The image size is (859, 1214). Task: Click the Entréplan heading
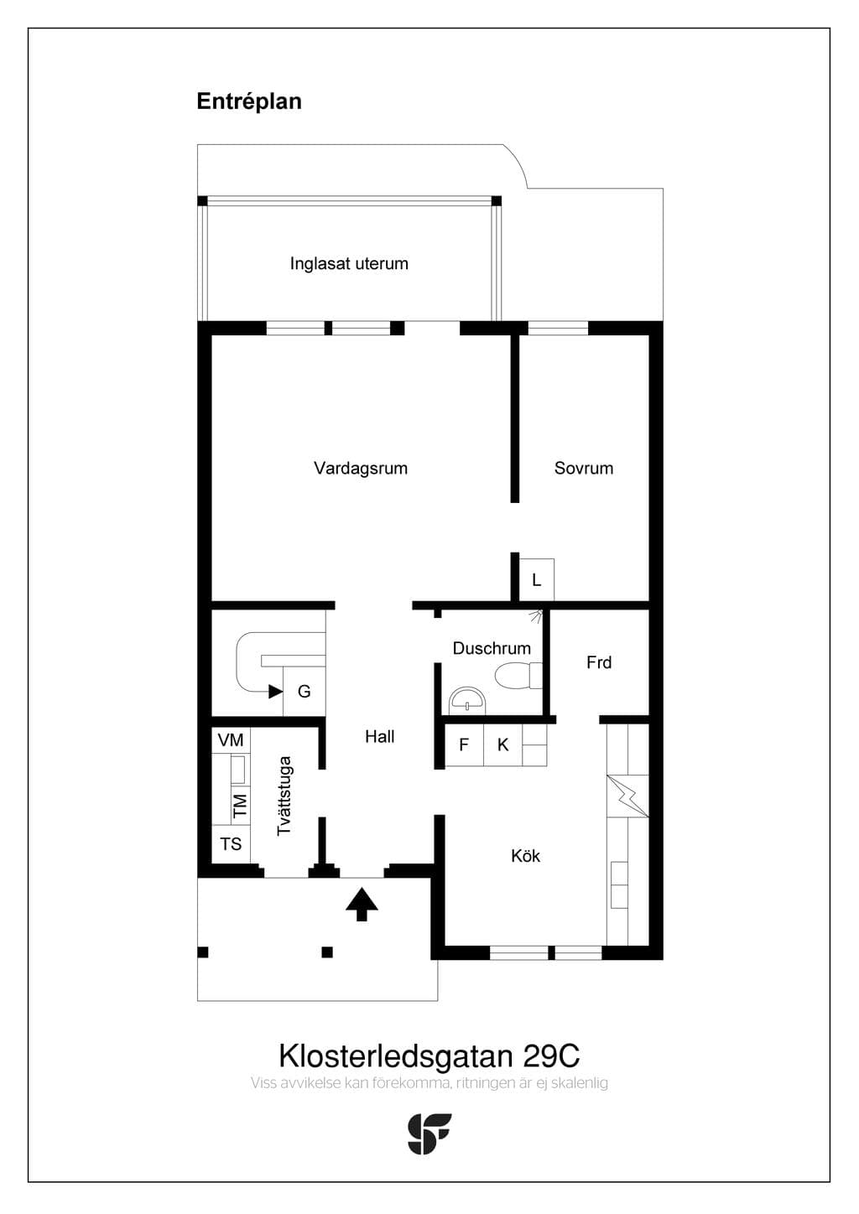(x=249, y=101)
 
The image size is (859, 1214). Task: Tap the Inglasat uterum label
(x=349, y=263)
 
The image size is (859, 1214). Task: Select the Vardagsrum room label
(x=361, y=469)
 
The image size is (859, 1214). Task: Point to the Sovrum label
(x=584, y=469)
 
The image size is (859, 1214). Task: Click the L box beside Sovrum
(x=536, y=580)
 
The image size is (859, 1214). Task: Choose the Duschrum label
(x=492, y=648)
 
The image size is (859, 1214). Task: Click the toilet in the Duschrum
(x=518, y=675)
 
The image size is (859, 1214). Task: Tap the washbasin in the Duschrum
(x=467, y=701)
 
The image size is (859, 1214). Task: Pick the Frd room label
(x=599, y=662)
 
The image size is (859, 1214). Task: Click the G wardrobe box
(x=305, y=691)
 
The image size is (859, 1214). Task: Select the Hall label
(x=380, y=736)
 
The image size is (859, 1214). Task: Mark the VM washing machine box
(x=231, y=739)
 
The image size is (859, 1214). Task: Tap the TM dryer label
(x=240, y=806)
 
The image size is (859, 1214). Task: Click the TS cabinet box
(x=231, y=843)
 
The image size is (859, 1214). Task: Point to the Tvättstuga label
(x=284, y=796)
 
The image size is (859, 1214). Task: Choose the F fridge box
(x=464, y=745)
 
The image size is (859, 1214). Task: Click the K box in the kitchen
(x=502, y=745)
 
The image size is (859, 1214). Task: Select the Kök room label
(x=525, y=856)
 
